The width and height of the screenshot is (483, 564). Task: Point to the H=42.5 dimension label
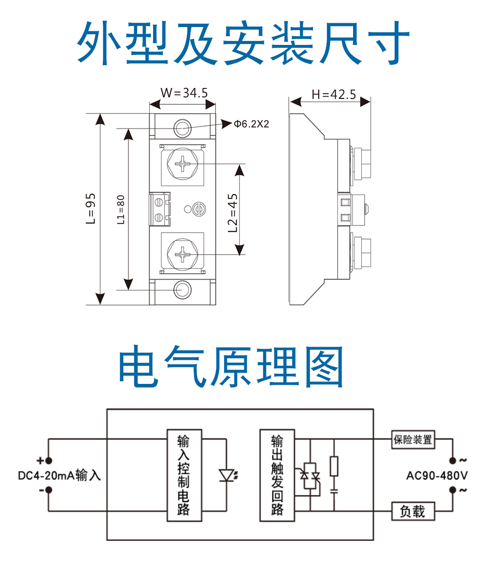tap(333, 94)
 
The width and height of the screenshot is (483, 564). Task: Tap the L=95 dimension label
tap(91, 209)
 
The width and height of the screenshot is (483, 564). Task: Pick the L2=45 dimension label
tap(233, 212)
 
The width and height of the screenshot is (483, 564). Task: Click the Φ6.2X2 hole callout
tap(251, 124)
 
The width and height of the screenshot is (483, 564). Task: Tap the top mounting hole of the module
tap(183, 128)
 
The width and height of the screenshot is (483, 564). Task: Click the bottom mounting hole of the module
tap(183, 289)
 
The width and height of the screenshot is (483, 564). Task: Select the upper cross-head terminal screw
tap(183, 164)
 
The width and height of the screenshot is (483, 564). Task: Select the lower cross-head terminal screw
tap(183, 253)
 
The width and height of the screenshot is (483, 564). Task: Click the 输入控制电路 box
tap(184, 475)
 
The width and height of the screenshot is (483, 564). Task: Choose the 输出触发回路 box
tap(277, 475)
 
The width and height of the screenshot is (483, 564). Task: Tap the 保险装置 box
tap(412, 440)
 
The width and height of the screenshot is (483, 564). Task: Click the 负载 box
tap(412, 511)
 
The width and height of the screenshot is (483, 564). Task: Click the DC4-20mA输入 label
tap(59, 476)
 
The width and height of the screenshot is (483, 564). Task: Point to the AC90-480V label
tap(437, 476)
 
